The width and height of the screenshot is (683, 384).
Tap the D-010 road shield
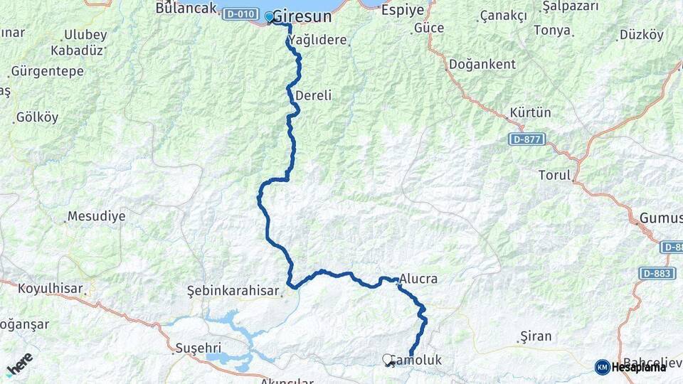240,14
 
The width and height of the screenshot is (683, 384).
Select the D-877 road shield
527,139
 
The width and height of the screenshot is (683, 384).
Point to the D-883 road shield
657,273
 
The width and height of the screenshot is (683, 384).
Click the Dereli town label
313,95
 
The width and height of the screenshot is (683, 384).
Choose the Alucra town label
418,279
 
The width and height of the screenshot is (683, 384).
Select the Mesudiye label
96,216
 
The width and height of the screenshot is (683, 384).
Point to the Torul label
555,175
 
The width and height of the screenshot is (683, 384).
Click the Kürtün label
530,113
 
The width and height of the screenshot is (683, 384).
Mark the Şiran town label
536,336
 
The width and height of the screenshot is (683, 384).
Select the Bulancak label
186,9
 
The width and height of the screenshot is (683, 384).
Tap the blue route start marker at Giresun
269,16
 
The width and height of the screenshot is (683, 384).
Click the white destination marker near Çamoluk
387,359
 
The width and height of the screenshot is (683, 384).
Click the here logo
19,365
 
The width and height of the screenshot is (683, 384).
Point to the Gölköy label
37,117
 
